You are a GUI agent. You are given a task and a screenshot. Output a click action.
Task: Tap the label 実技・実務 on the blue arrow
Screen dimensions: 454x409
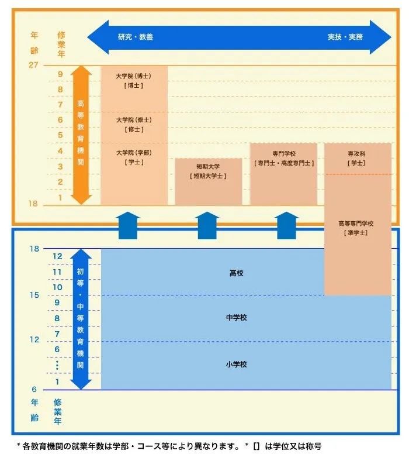[345, 37]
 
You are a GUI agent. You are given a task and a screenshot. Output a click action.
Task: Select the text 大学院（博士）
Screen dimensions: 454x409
[134, 76]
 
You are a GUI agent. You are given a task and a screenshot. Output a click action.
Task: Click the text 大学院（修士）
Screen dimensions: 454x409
[134, 120]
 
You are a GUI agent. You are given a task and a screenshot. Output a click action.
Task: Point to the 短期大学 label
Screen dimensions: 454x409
[208, 166]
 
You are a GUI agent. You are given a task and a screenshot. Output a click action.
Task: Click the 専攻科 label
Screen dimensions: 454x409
[356, 153]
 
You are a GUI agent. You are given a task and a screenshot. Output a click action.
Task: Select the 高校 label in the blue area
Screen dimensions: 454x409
[237, 273]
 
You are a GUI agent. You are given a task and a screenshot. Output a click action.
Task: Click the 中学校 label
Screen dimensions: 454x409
[237, 318]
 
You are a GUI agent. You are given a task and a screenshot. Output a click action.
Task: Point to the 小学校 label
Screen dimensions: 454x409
[237, 364]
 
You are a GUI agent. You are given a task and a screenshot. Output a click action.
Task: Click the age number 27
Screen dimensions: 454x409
[33, 65]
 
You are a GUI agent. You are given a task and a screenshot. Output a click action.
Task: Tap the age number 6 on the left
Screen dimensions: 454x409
[34, 390]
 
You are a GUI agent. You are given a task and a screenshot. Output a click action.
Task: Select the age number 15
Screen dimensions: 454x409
[34, 295]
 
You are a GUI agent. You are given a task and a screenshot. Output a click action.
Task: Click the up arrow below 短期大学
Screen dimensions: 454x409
[208, 226]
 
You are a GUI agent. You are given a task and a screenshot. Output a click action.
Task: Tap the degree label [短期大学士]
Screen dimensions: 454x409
[208, 176]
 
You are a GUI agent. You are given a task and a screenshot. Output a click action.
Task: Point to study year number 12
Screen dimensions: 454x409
[57, 256]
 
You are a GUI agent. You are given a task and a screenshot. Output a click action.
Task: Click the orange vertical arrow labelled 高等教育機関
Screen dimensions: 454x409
[81, 135]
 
